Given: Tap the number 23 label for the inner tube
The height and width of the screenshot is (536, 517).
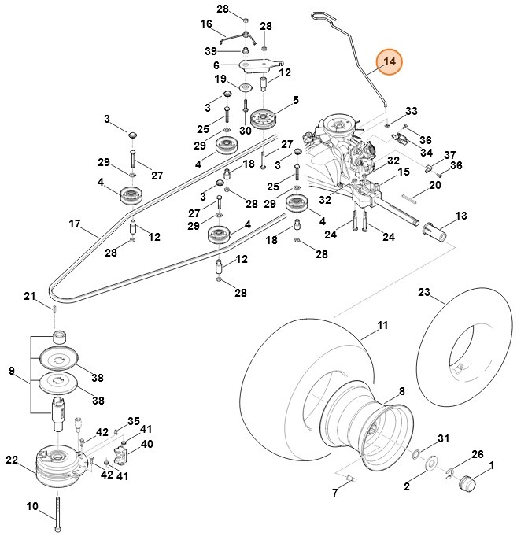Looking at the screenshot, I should click(424, 292).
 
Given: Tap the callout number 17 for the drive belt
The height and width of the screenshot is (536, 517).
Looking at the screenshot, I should click(75, 224).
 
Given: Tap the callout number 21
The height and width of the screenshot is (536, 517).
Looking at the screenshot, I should click(30, 296).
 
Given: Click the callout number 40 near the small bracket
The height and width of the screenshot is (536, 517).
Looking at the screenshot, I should click(146, 444).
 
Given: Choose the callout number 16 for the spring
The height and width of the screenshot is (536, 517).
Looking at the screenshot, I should click(207, 24).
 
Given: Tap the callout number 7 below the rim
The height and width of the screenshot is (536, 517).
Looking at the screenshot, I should click(334, 493).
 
